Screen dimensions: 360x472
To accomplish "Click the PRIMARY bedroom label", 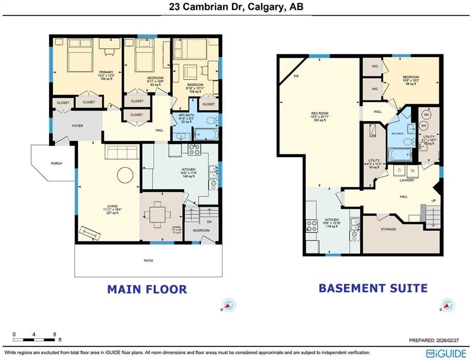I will (x=87, y=72).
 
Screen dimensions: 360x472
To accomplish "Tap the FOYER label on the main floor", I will (x=76, y=126).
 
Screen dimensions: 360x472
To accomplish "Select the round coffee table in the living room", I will (x=125, y=175).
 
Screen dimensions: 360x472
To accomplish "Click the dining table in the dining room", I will (x=161, y=216).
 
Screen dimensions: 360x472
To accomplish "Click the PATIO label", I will (x=148, y=261).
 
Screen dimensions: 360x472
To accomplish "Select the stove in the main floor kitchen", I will (x=194, y=150).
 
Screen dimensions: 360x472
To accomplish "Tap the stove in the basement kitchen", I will (x=312, y=226).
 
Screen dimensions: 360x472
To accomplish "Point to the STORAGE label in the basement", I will (x=388, y=229).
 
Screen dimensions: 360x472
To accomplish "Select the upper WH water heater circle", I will (x=426, y=114).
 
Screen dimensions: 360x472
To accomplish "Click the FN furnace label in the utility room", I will (x=374, y=135).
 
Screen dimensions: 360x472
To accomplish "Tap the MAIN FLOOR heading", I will (x=147, y=289).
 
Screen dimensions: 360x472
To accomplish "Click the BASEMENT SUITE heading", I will (x=373, y=288).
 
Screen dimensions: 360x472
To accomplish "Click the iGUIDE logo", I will (x=446, y=352).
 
